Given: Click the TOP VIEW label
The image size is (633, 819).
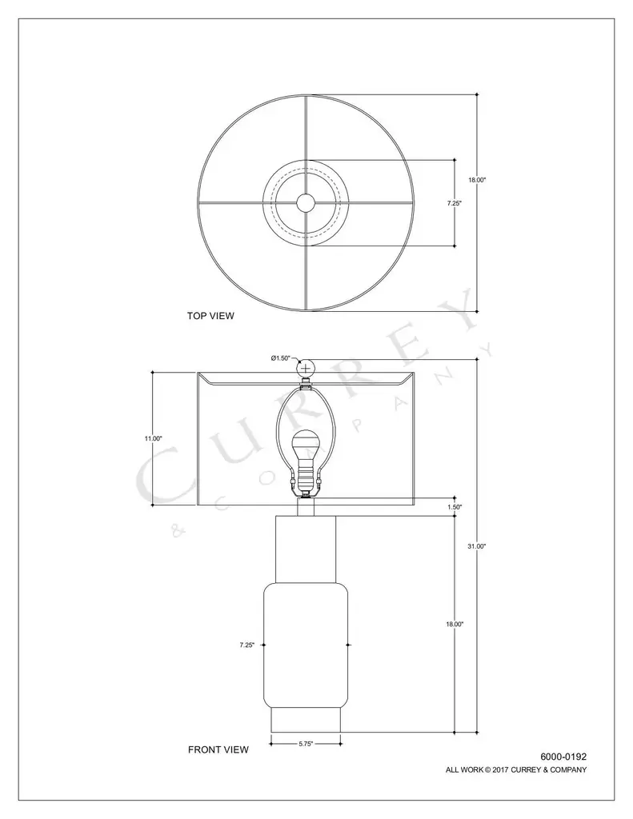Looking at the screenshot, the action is coord(210,315).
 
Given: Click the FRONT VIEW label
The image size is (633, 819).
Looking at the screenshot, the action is coord(218,749).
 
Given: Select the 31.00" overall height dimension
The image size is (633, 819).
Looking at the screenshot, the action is coord(477,545).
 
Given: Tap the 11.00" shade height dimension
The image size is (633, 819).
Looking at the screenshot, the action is coord(153,438).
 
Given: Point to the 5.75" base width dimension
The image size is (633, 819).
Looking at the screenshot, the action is coord(306,744).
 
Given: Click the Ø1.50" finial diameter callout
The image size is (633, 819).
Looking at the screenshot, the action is coord(280,358).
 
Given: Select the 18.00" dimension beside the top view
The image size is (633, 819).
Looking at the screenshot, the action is coord(477,180).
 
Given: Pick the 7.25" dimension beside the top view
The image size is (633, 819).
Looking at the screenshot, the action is coord(455,203).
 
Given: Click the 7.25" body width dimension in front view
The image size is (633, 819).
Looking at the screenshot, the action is coord(247,645).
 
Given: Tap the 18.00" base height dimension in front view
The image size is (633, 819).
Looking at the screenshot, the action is coord(455,624).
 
